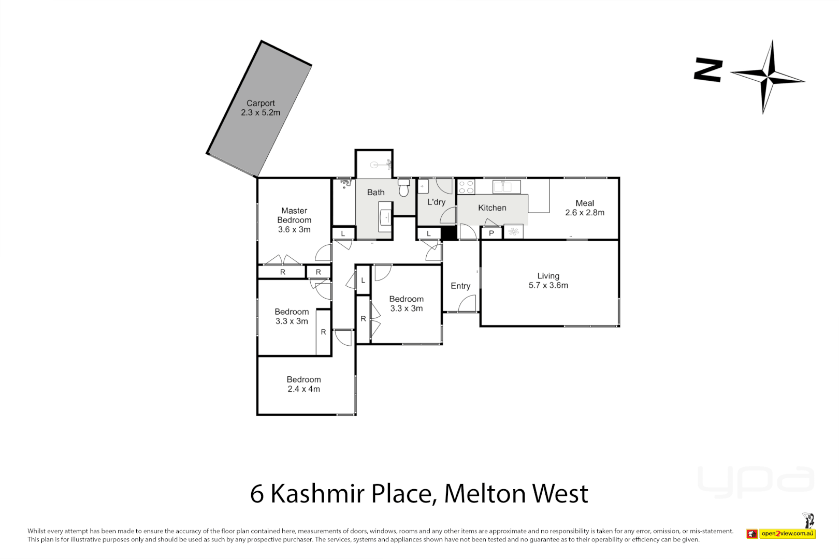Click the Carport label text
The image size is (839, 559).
pos(261,104)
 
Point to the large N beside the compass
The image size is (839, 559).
pos(708,70)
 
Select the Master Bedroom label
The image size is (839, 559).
pos(294,215)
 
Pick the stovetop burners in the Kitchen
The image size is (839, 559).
pos(466,187)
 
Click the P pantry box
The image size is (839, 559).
pos(491,233)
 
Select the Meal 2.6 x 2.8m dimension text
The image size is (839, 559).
pos(585,213)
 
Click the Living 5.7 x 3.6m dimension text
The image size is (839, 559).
pos(548,286)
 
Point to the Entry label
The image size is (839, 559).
pos(460,286)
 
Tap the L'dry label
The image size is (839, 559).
pos(436,202)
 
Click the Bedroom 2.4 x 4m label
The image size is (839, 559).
pos(304,385)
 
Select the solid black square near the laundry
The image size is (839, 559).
pos(449,233)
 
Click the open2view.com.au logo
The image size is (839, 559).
pos(787,534)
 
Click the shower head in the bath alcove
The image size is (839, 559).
pos(381,165)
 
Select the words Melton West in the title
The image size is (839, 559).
pos(516,494)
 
